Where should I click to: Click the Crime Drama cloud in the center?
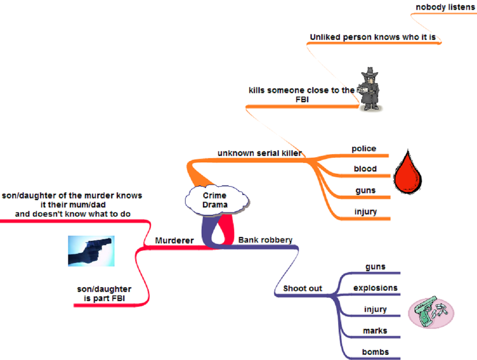[215, 200]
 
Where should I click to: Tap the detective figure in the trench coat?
[369, 89]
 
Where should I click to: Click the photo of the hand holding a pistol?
[91, 250]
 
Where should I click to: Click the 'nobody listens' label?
[445, 7]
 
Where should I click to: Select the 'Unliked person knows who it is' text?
[372, 37]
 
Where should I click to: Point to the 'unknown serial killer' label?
[259, 153]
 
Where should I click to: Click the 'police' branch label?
[364, 149]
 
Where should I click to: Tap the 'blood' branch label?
[365, 169]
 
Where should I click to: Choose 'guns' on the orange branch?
[365, 190]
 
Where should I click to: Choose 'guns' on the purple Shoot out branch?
[375, 267]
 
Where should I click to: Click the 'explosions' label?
[375, 288]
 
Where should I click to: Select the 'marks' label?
[375, 331]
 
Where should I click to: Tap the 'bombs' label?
[375, 352]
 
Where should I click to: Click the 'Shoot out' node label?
[303, 289]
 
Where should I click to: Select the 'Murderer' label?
[174, 240]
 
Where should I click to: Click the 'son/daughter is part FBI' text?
[104, 293]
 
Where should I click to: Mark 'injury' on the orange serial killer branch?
[365, 212]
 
